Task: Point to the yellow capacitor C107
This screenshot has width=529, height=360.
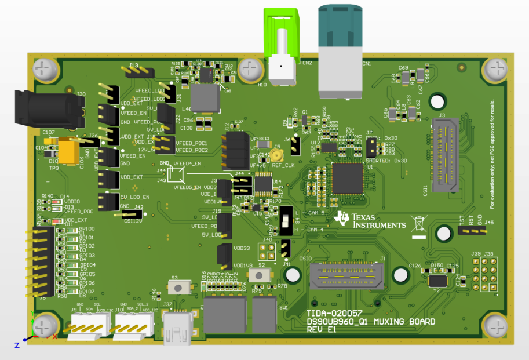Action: pos(68,152)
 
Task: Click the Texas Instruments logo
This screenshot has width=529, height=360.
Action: pos(371,220)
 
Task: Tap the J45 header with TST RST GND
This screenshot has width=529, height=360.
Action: pos(472,231)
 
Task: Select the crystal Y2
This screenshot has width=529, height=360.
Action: pos(439,281)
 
